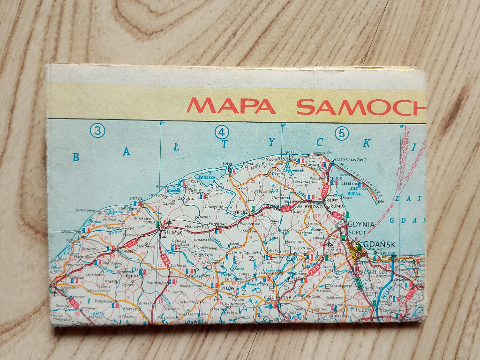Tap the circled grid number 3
point(97,131)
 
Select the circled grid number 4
point(221,132)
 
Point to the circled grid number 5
point(342,133)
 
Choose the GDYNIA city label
point(361,225)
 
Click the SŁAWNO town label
point(127,251)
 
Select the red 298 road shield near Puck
point(325,189)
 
